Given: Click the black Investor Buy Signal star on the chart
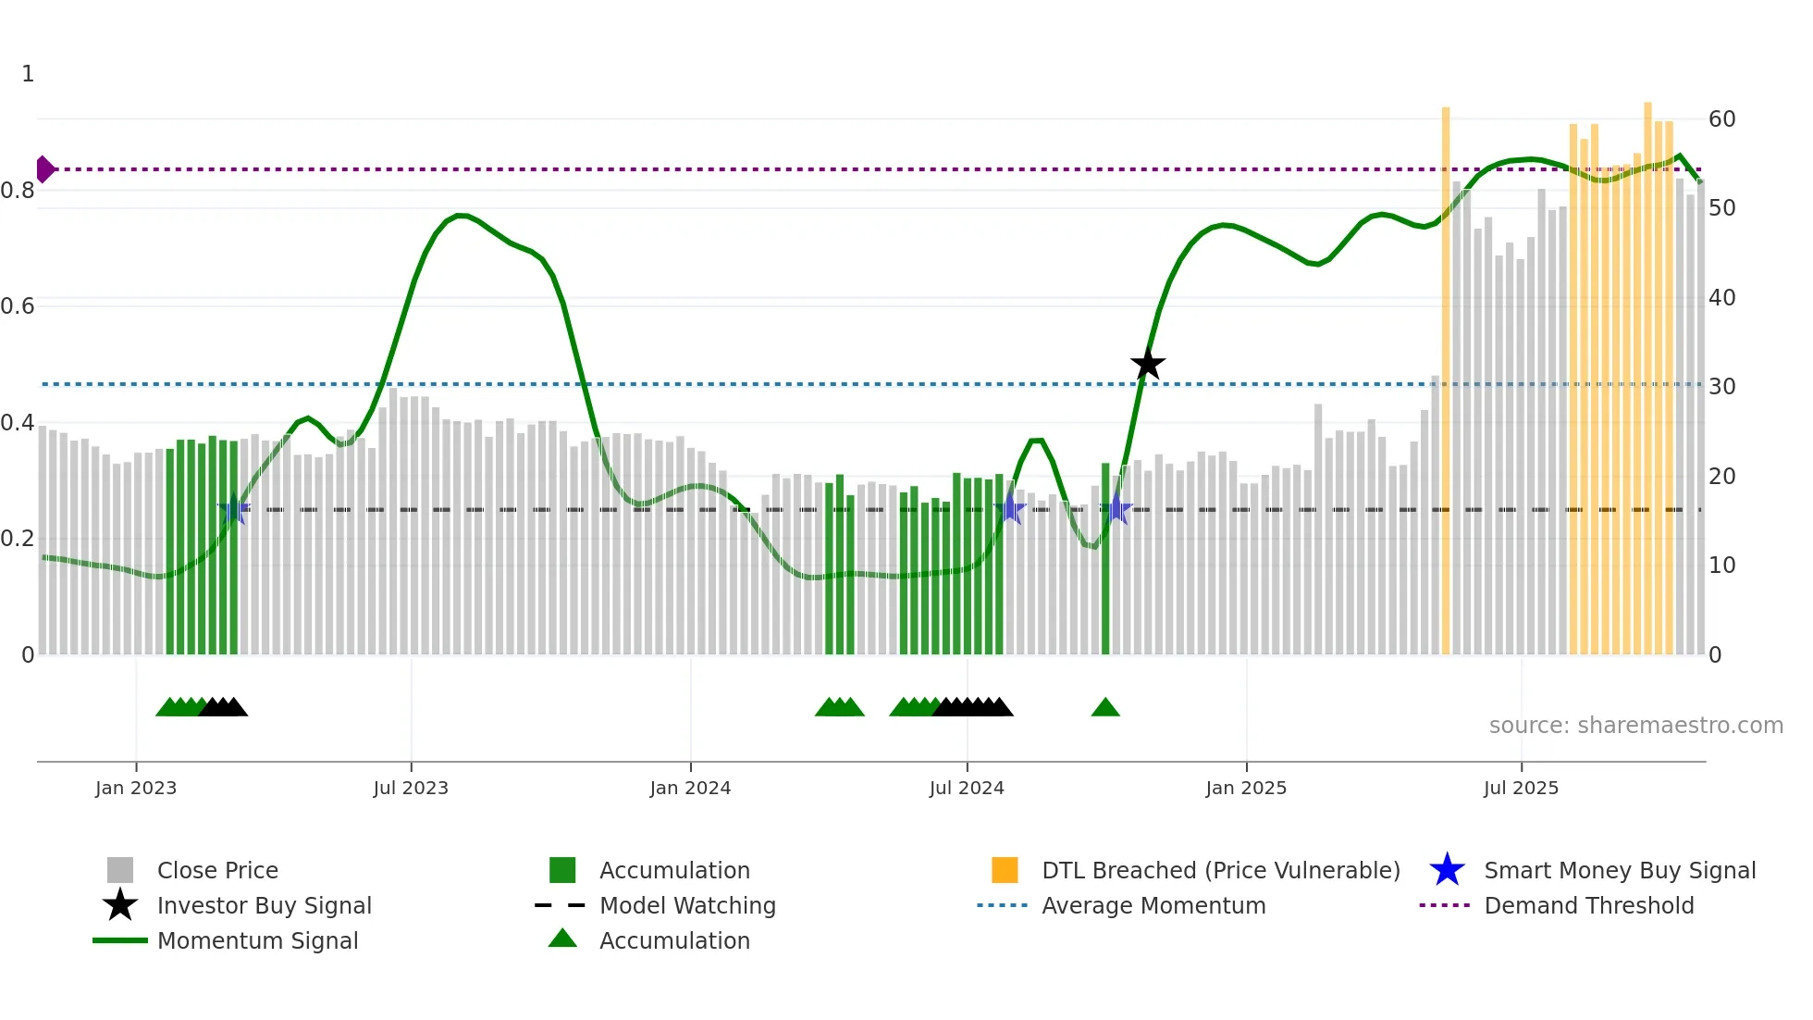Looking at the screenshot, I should point(1147,365).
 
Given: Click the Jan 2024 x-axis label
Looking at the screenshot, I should point(690,788).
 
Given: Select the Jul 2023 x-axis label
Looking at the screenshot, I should point(411,788).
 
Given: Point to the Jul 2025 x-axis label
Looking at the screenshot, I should point(1521,788).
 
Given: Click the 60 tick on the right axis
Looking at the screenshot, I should point(1721,119).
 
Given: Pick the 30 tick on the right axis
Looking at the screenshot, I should point(1721,387).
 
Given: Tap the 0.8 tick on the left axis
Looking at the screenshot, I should point(18,191).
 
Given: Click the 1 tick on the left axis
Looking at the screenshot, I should point(28,74).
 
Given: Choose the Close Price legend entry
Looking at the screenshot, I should point(217,870).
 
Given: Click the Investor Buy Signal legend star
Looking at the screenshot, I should point(120,905).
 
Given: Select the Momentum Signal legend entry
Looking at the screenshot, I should point(257,940).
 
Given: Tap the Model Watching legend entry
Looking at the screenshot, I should point(687,905).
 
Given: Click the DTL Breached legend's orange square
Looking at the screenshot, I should point(1005,870).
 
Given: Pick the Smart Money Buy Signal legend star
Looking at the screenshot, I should point(1447,870).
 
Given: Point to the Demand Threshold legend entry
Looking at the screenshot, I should point(1588,905).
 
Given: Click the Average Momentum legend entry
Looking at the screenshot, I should point(1153,905).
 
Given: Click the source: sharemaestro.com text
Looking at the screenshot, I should point(1635,726).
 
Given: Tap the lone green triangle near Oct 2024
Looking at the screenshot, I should point(1105,708).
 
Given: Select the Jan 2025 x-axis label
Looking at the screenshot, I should point(1246,788).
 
